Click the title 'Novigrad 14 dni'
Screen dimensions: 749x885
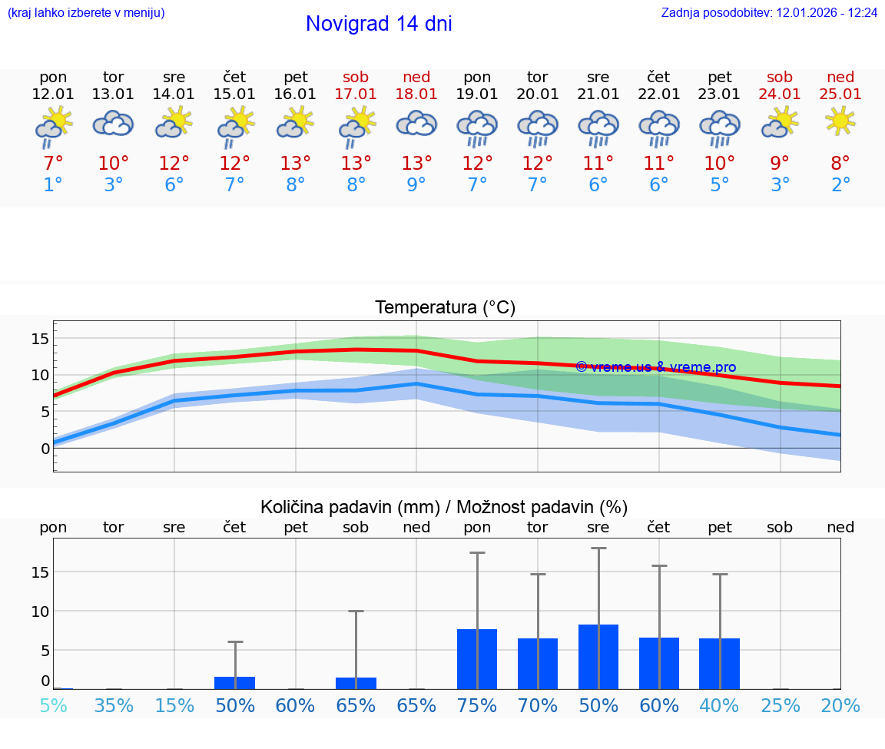[x=379, y=24]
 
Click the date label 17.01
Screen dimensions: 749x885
[x=356, y=94]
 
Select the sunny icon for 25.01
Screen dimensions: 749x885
[x=840, y=121]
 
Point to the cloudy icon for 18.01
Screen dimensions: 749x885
[x=416, y=124]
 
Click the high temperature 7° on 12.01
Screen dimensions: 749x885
[x=53, y=163]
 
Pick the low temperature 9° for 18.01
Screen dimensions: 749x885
[x=416, y=185]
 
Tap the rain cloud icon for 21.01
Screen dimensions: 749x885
[x=598, y=128]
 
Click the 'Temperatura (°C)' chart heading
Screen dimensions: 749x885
[x=445, y=308]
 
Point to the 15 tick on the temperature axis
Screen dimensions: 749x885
[x=41, y=339]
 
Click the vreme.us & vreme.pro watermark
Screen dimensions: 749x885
[x=655, y=367]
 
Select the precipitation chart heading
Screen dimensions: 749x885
[x=444, y=507]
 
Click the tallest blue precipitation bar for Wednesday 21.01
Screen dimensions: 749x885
[x=598, y=657]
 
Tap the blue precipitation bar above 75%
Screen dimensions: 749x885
[x=477, y=659]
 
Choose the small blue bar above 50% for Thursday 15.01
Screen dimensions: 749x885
[x=234, y=683]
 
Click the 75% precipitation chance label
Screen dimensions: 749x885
[x=477, y=705]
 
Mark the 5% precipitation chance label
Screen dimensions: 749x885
[x=53, y=705]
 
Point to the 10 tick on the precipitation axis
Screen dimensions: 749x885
[x=41, y=611]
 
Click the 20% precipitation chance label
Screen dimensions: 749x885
[x=840, y=705]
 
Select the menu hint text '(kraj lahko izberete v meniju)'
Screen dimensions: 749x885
[x=86, y=13]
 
